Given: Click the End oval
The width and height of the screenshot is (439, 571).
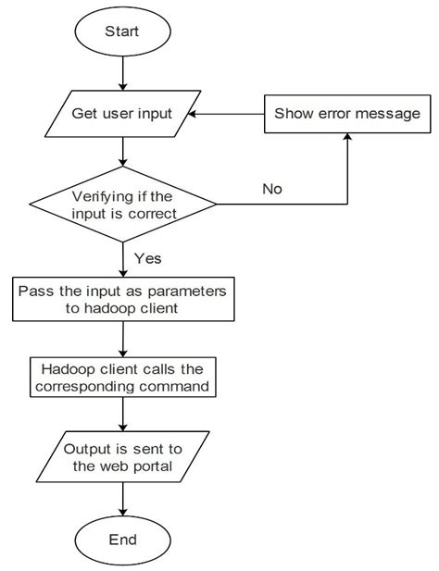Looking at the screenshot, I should coord(123,539).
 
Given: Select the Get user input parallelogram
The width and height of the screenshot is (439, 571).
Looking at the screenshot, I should coord(123,115).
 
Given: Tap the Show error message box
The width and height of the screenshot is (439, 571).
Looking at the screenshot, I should coord(347,115).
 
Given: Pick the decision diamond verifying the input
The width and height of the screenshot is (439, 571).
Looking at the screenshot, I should coord(123,204).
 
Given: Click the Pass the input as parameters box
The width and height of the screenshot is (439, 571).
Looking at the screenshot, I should coord(123,299).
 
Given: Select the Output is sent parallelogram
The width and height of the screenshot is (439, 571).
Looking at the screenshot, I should coord(123,456).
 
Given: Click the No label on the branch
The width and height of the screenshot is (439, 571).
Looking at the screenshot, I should coord(271,189).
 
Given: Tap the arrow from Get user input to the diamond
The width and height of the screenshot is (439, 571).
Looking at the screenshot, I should coord(123,152).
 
